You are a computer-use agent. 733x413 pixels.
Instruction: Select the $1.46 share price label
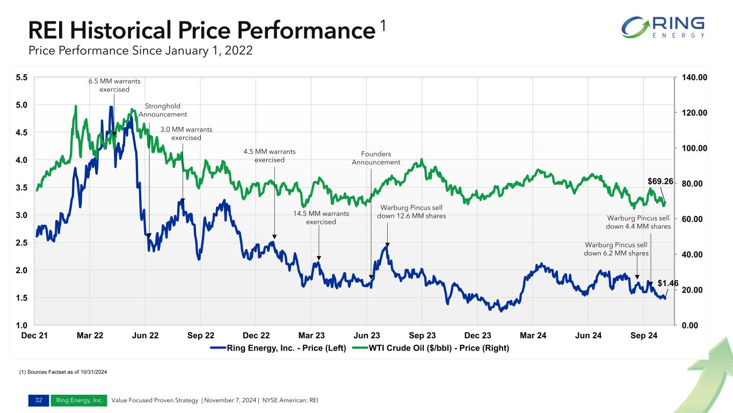coord(668,283)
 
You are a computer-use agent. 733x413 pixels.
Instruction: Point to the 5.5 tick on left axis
coord(21,77)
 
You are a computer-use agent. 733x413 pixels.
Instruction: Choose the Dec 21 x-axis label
coord(34,336)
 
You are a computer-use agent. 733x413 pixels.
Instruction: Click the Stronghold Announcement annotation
coord(163,110)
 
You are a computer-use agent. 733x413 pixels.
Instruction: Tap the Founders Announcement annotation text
coord(376,158)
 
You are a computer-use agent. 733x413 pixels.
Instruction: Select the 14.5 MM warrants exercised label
coord(321,218)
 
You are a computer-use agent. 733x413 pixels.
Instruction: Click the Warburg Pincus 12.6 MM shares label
coord(411,211)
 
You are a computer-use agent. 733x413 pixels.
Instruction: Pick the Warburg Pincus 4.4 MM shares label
coord(638,222)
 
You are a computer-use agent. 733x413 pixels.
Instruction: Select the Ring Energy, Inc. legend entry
coord(279,348)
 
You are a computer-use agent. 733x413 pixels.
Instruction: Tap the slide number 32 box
coord(39,400)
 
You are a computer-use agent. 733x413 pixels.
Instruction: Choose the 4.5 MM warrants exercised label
coord(269,156)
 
